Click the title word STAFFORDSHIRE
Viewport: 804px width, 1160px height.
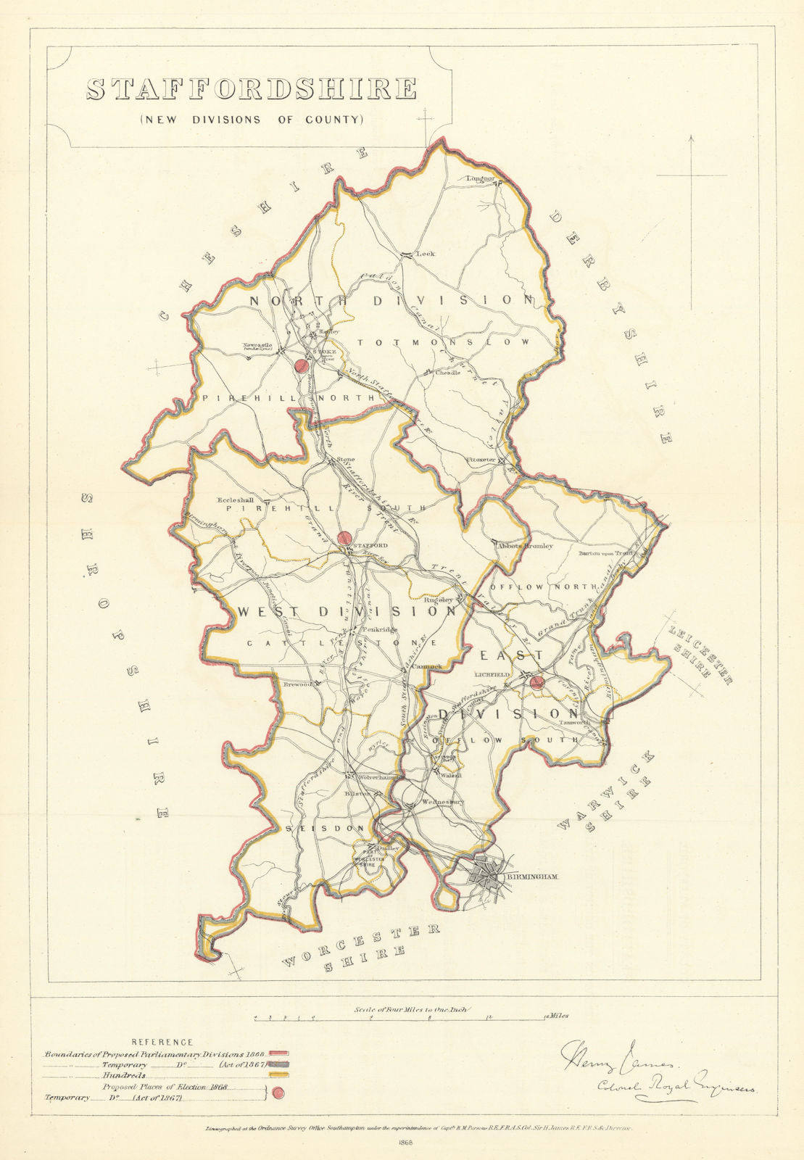coord(252,88)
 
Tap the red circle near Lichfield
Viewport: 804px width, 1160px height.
coord(537,681)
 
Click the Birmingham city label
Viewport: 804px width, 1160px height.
coord(537,877)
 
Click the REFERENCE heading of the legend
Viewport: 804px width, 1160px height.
coord(167,1042)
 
